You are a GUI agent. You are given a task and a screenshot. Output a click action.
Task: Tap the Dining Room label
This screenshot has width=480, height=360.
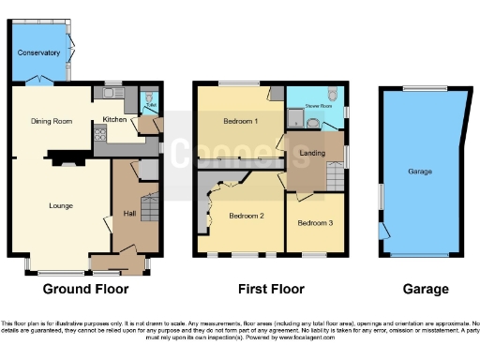click(52, 121)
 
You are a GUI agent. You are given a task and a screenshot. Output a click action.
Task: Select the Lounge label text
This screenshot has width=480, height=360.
click(61, 205)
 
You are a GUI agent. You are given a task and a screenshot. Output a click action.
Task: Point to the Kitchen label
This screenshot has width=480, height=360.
click(113, 119)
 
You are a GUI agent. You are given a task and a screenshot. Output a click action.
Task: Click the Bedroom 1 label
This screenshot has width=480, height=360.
click(240, 122)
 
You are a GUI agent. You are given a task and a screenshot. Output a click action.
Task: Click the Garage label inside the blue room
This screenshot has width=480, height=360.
click(419, 172)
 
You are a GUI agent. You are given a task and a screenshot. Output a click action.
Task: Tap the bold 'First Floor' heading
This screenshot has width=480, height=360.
click(268, 289)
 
